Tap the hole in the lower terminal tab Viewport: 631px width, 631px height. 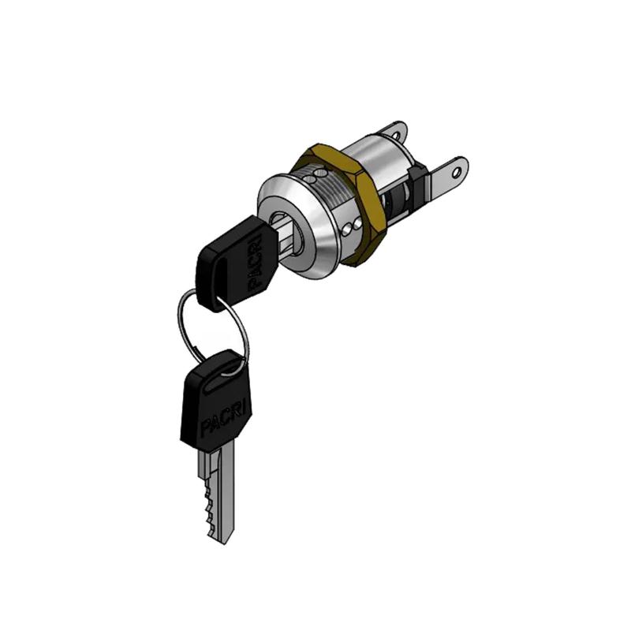[x=456, y=173]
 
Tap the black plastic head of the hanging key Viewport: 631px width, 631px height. [x=216, y=401]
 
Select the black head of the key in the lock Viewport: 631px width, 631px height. [x=237, y=263]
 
